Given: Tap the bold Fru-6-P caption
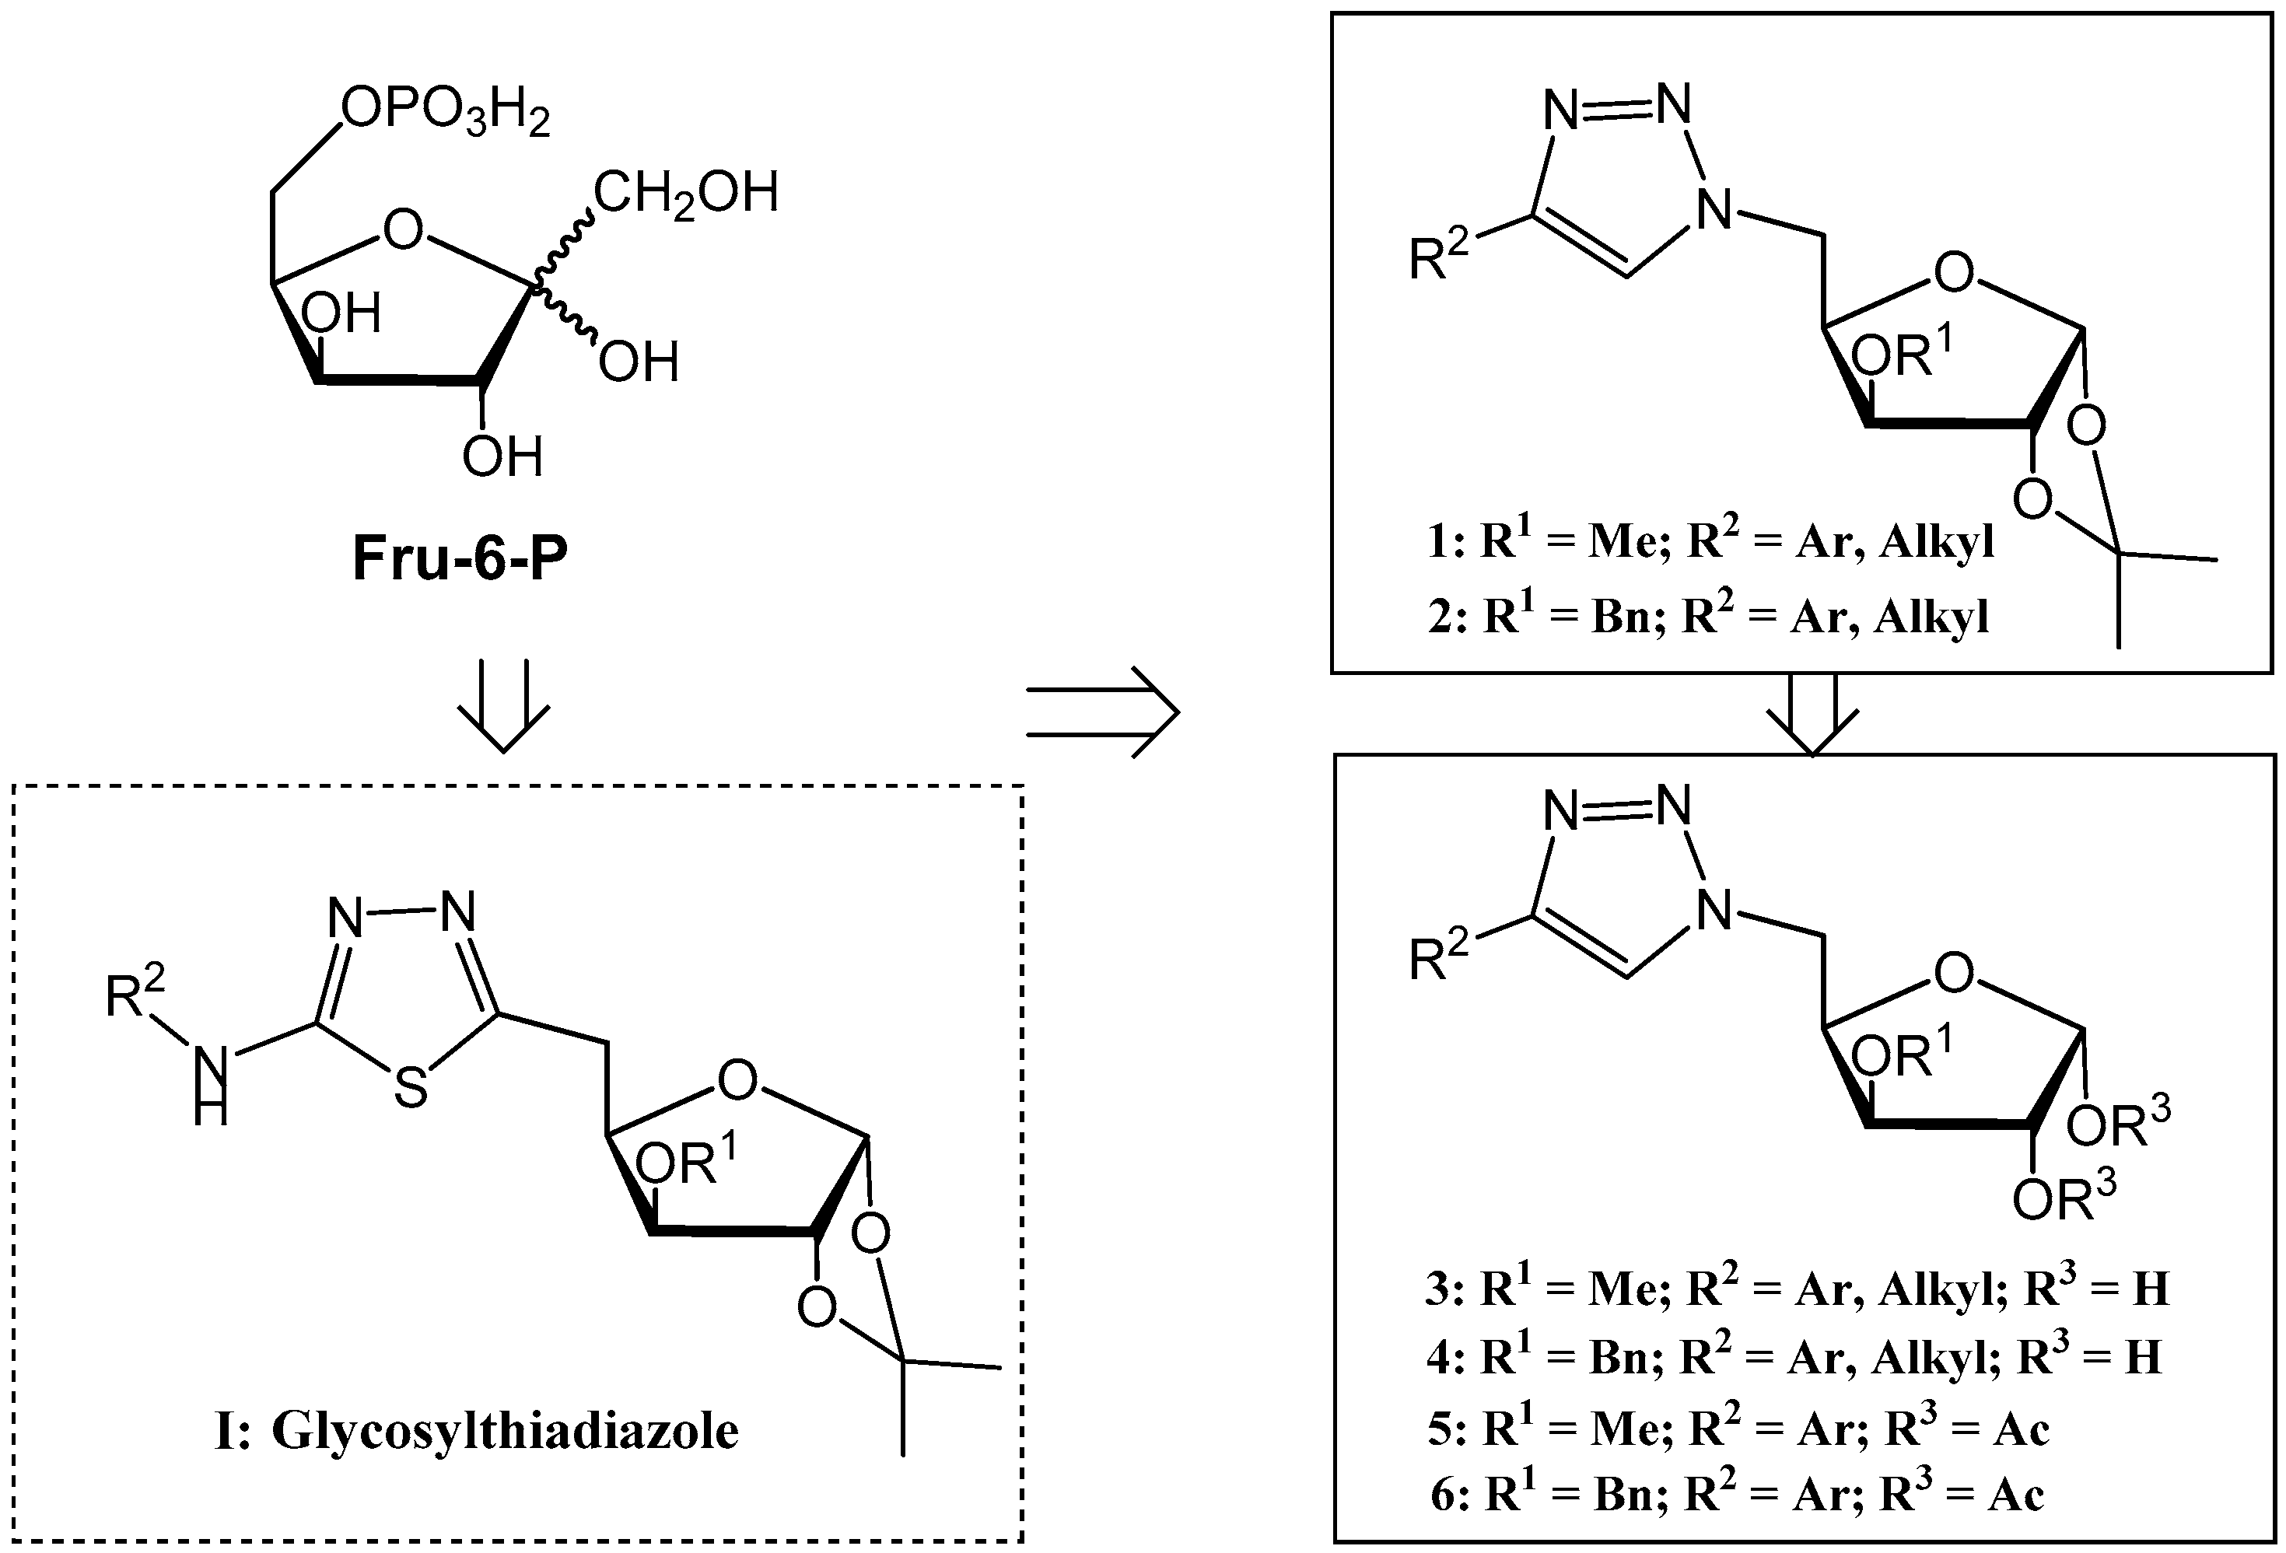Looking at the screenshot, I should tap(460, 558).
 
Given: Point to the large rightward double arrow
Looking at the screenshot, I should tap(1101, 712).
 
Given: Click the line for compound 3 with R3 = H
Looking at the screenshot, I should tap(1796, 1289).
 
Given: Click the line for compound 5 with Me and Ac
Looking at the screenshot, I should tap(1739, 1427).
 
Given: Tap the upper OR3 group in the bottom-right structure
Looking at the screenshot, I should tap(2118, 1125).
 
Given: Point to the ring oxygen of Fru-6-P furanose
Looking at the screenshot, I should tap(402, 230).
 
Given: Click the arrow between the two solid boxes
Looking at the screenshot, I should tap(1812, 715).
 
